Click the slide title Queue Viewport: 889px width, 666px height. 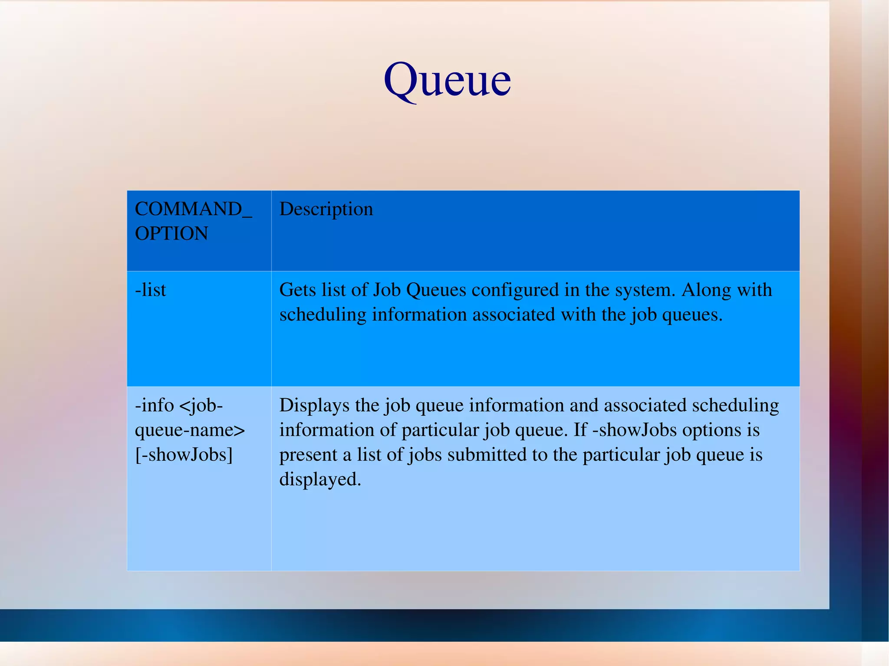(x=447, y=81)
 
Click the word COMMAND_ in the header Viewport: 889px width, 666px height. (x=193, y=209)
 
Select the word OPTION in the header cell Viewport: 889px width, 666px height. (x=171, y=234)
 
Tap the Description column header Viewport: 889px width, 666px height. (x=326, y=209)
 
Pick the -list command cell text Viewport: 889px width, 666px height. (x=150, y=290)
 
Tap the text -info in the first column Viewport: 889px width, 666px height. (x=154, y=405)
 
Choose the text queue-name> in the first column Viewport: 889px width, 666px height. (x=190, y=430)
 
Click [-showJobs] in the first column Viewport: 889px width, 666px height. (x=184, y=455)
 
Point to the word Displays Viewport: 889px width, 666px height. (x=314, y=405)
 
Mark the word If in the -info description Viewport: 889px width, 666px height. (x=580, y=430)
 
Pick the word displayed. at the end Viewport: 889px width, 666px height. (x=320, y=479)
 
